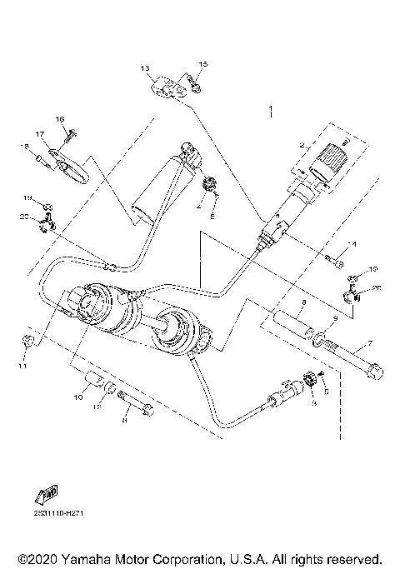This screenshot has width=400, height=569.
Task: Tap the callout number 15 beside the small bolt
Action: coord(202,64)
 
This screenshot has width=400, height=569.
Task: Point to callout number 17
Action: coord(39,134)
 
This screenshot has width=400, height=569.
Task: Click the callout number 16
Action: coord(60,119)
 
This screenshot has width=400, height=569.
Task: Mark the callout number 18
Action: coord(24,147)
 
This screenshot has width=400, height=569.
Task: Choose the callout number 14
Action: coord(352,245)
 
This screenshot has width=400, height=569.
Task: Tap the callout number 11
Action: coord(22,366)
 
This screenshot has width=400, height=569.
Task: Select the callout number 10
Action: coord(77,399)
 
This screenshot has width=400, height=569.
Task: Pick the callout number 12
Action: coord(97,407)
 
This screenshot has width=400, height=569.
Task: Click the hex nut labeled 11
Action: coord(27,341)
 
